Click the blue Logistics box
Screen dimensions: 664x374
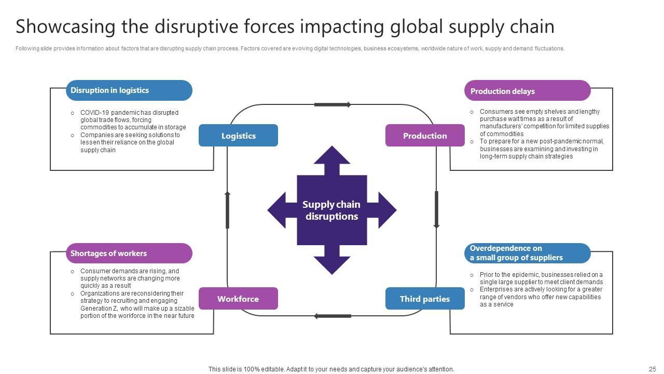[238, 136]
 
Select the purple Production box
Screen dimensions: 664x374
[425, 136]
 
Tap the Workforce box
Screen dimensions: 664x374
[238, 299]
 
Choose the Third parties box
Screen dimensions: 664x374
[425, 299]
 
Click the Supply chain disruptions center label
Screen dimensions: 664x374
[331, 210]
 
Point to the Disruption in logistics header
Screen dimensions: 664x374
[129, 90]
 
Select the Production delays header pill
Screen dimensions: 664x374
[527, 91]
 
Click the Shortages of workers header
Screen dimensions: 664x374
[129, 253]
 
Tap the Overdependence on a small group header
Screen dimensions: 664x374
[527, 253]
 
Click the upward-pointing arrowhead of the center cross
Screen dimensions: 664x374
[332, 156]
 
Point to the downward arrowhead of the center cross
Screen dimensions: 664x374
[332, 264]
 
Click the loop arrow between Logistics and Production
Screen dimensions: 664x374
[333, 104]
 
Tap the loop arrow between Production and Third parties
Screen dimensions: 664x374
[436, 210]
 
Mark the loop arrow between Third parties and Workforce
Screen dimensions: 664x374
[333, 316]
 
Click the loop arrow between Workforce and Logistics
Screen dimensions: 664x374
[227, 210]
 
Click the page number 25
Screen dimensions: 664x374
[652, 369]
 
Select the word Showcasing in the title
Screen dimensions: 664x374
[66, 26]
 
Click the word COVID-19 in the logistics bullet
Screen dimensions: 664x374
[94, 112]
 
